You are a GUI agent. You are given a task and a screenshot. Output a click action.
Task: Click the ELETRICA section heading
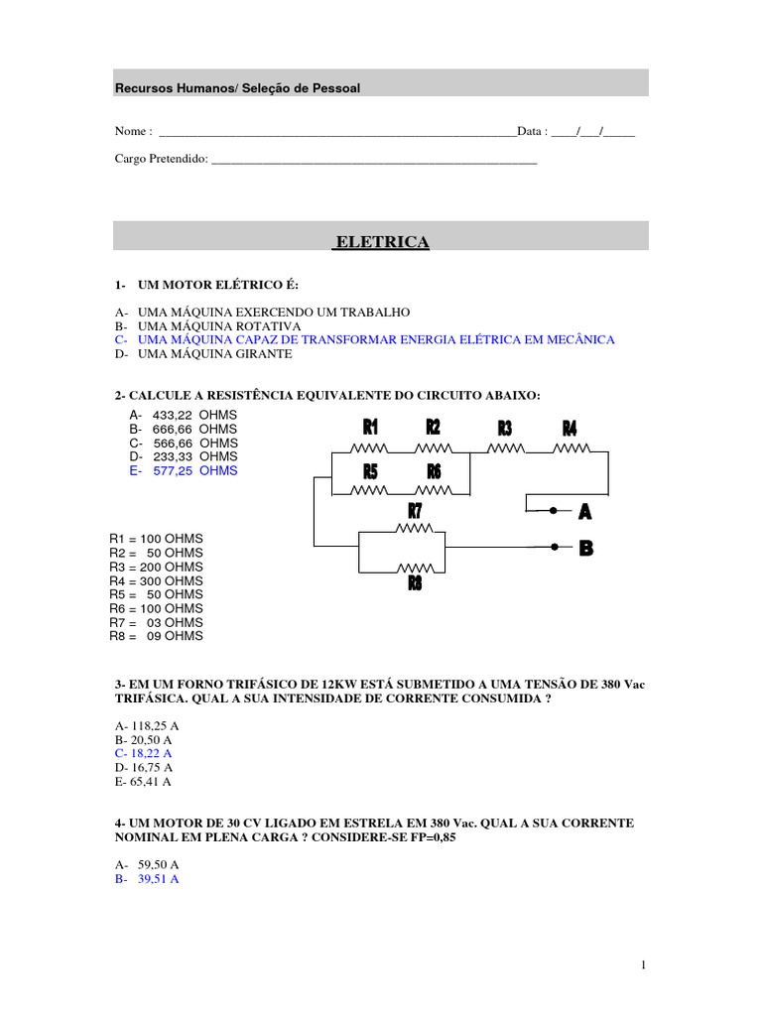click(382, 242)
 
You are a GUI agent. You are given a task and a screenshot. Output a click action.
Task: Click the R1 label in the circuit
click(370, 428)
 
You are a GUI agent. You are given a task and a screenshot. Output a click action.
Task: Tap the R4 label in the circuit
click(570, 429)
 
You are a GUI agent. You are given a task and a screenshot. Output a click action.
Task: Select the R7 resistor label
click(416, 511)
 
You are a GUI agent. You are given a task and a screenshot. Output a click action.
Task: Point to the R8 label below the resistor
click(415, 583)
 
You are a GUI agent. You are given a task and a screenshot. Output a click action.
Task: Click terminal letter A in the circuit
click(585, 512)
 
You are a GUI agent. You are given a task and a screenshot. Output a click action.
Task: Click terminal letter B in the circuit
click(585, 548)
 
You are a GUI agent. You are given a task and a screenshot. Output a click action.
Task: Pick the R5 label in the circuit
click(370, 471)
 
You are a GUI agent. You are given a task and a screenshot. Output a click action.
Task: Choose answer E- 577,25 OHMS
click(184, 470)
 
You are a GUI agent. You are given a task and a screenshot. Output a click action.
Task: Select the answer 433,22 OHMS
click(184, 415)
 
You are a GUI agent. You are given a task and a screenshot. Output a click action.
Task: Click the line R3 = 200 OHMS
click(156, 567)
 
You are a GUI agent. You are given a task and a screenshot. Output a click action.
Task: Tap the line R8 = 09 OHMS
click(156, 636)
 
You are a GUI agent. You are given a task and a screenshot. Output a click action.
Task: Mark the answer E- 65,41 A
click(144, 781)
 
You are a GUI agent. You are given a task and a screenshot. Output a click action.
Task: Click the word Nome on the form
click(133, 131)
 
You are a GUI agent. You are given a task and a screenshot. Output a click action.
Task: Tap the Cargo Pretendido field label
click(161, 159)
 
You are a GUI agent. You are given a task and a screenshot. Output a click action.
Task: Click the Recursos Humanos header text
click(237, 88)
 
